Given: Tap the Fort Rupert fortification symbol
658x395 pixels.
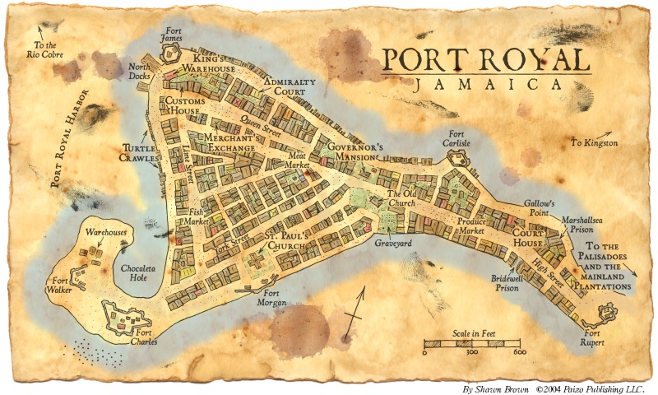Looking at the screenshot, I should tap(608, 313).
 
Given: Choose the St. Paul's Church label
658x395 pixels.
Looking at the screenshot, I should tap(286, 241).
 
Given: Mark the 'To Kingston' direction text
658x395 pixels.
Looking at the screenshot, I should tap(594, 142).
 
